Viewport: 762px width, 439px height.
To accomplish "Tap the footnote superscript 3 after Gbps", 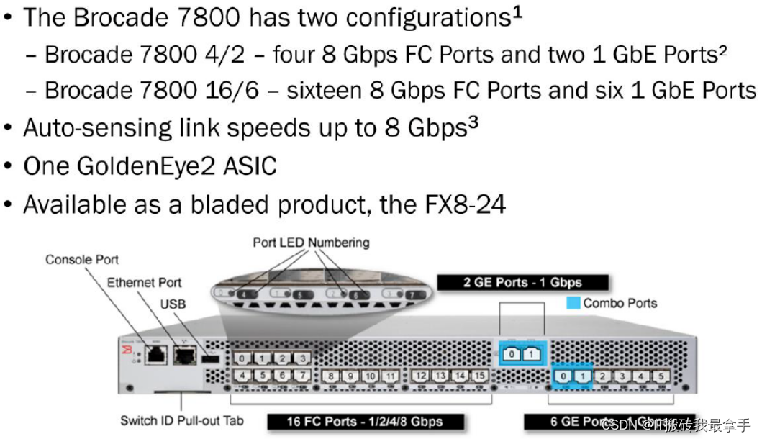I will pos(473,122).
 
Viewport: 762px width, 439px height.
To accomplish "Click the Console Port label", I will pos(82,259).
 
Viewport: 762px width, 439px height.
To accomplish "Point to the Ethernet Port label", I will pos(144,282).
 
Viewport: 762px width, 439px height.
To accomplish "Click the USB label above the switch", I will pos(173,304).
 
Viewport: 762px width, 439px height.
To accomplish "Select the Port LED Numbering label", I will pos(311,243).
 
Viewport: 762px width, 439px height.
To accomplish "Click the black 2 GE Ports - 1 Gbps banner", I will pos(523,282).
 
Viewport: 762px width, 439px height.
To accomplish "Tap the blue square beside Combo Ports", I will pos(573,303).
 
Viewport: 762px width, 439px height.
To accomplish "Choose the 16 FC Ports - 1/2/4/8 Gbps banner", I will pos(365,422).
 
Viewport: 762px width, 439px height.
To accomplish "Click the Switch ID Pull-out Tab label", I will pos(183,420).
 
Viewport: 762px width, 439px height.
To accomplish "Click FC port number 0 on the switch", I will pos(245,358).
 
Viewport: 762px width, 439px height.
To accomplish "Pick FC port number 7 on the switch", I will pos(303,376).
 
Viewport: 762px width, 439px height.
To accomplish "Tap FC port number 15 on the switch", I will pos(478,376).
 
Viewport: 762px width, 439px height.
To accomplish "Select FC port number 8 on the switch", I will pos(332,376).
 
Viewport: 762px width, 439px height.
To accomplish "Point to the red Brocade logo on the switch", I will pos(127,350).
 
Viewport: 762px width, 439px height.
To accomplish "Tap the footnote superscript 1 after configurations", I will pos(517,12).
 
